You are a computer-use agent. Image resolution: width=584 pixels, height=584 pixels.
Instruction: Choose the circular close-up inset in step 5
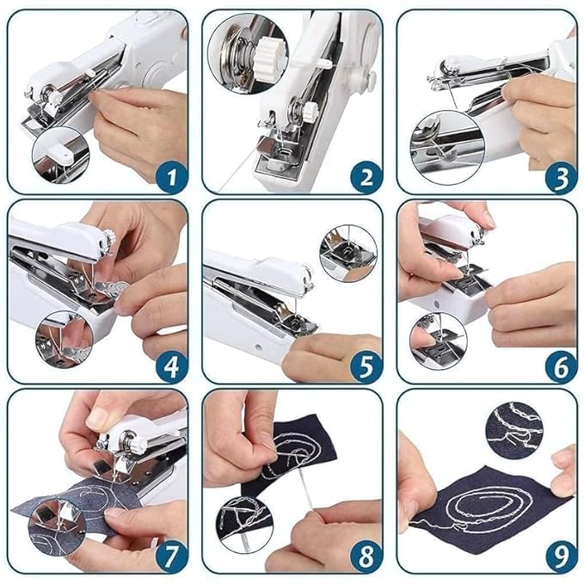[x=348, y=253]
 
